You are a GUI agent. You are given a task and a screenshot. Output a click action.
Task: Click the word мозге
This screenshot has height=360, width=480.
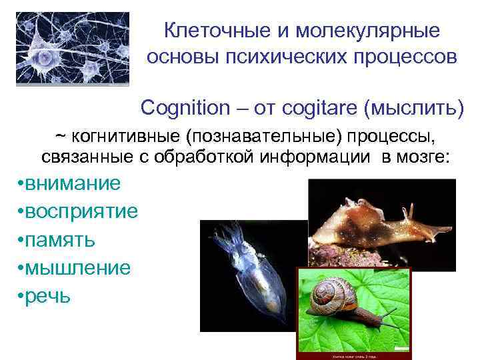click(427, 157)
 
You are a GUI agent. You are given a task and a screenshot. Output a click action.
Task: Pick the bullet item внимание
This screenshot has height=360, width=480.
click(74, 183)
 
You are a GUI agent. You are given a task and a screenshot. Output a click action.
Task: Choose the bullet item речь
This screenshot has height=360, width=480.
click(48, 296)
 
